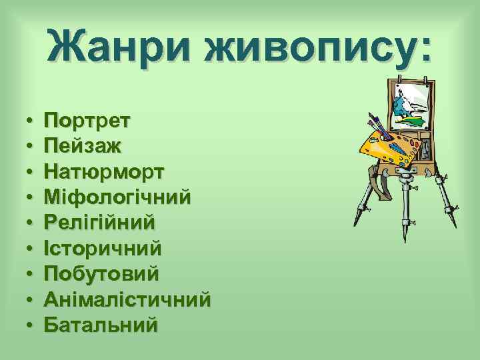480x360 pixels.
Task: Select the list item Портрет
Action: coord(87,122)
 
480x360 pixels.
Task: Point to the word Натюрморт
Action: coord(103,173)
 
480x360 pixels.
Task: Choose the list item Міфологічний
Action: coord(117,198)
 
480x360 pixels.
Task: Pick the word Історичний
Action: coord(103,249)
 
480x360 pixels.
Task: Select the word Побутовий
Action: coord(101,274)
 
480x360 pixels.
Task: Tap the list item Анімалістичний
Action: coord(127,299)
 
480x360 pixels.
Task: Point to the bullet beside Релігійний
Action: coord(31,224)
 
